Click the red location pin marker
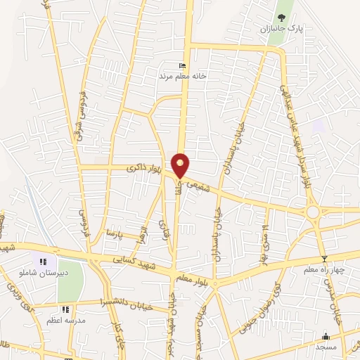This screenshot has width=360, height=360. coord(181,165)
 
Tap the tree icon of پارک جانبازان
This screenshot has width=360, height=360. coord(281,18)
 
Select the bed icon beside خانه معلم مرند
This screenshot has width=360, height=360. coord(183,65)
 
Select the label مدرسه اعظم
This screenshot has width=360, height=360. coord(65,319)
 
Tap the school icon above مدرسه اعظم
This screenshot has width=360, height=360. coord(65,309)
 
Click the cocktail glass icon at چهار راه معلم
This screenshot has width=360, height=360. coord(324,259)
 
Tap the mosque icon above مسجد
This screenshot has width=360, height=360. coord(325,336)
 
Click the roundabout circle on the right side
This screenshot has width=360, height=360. coord(311,212)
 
